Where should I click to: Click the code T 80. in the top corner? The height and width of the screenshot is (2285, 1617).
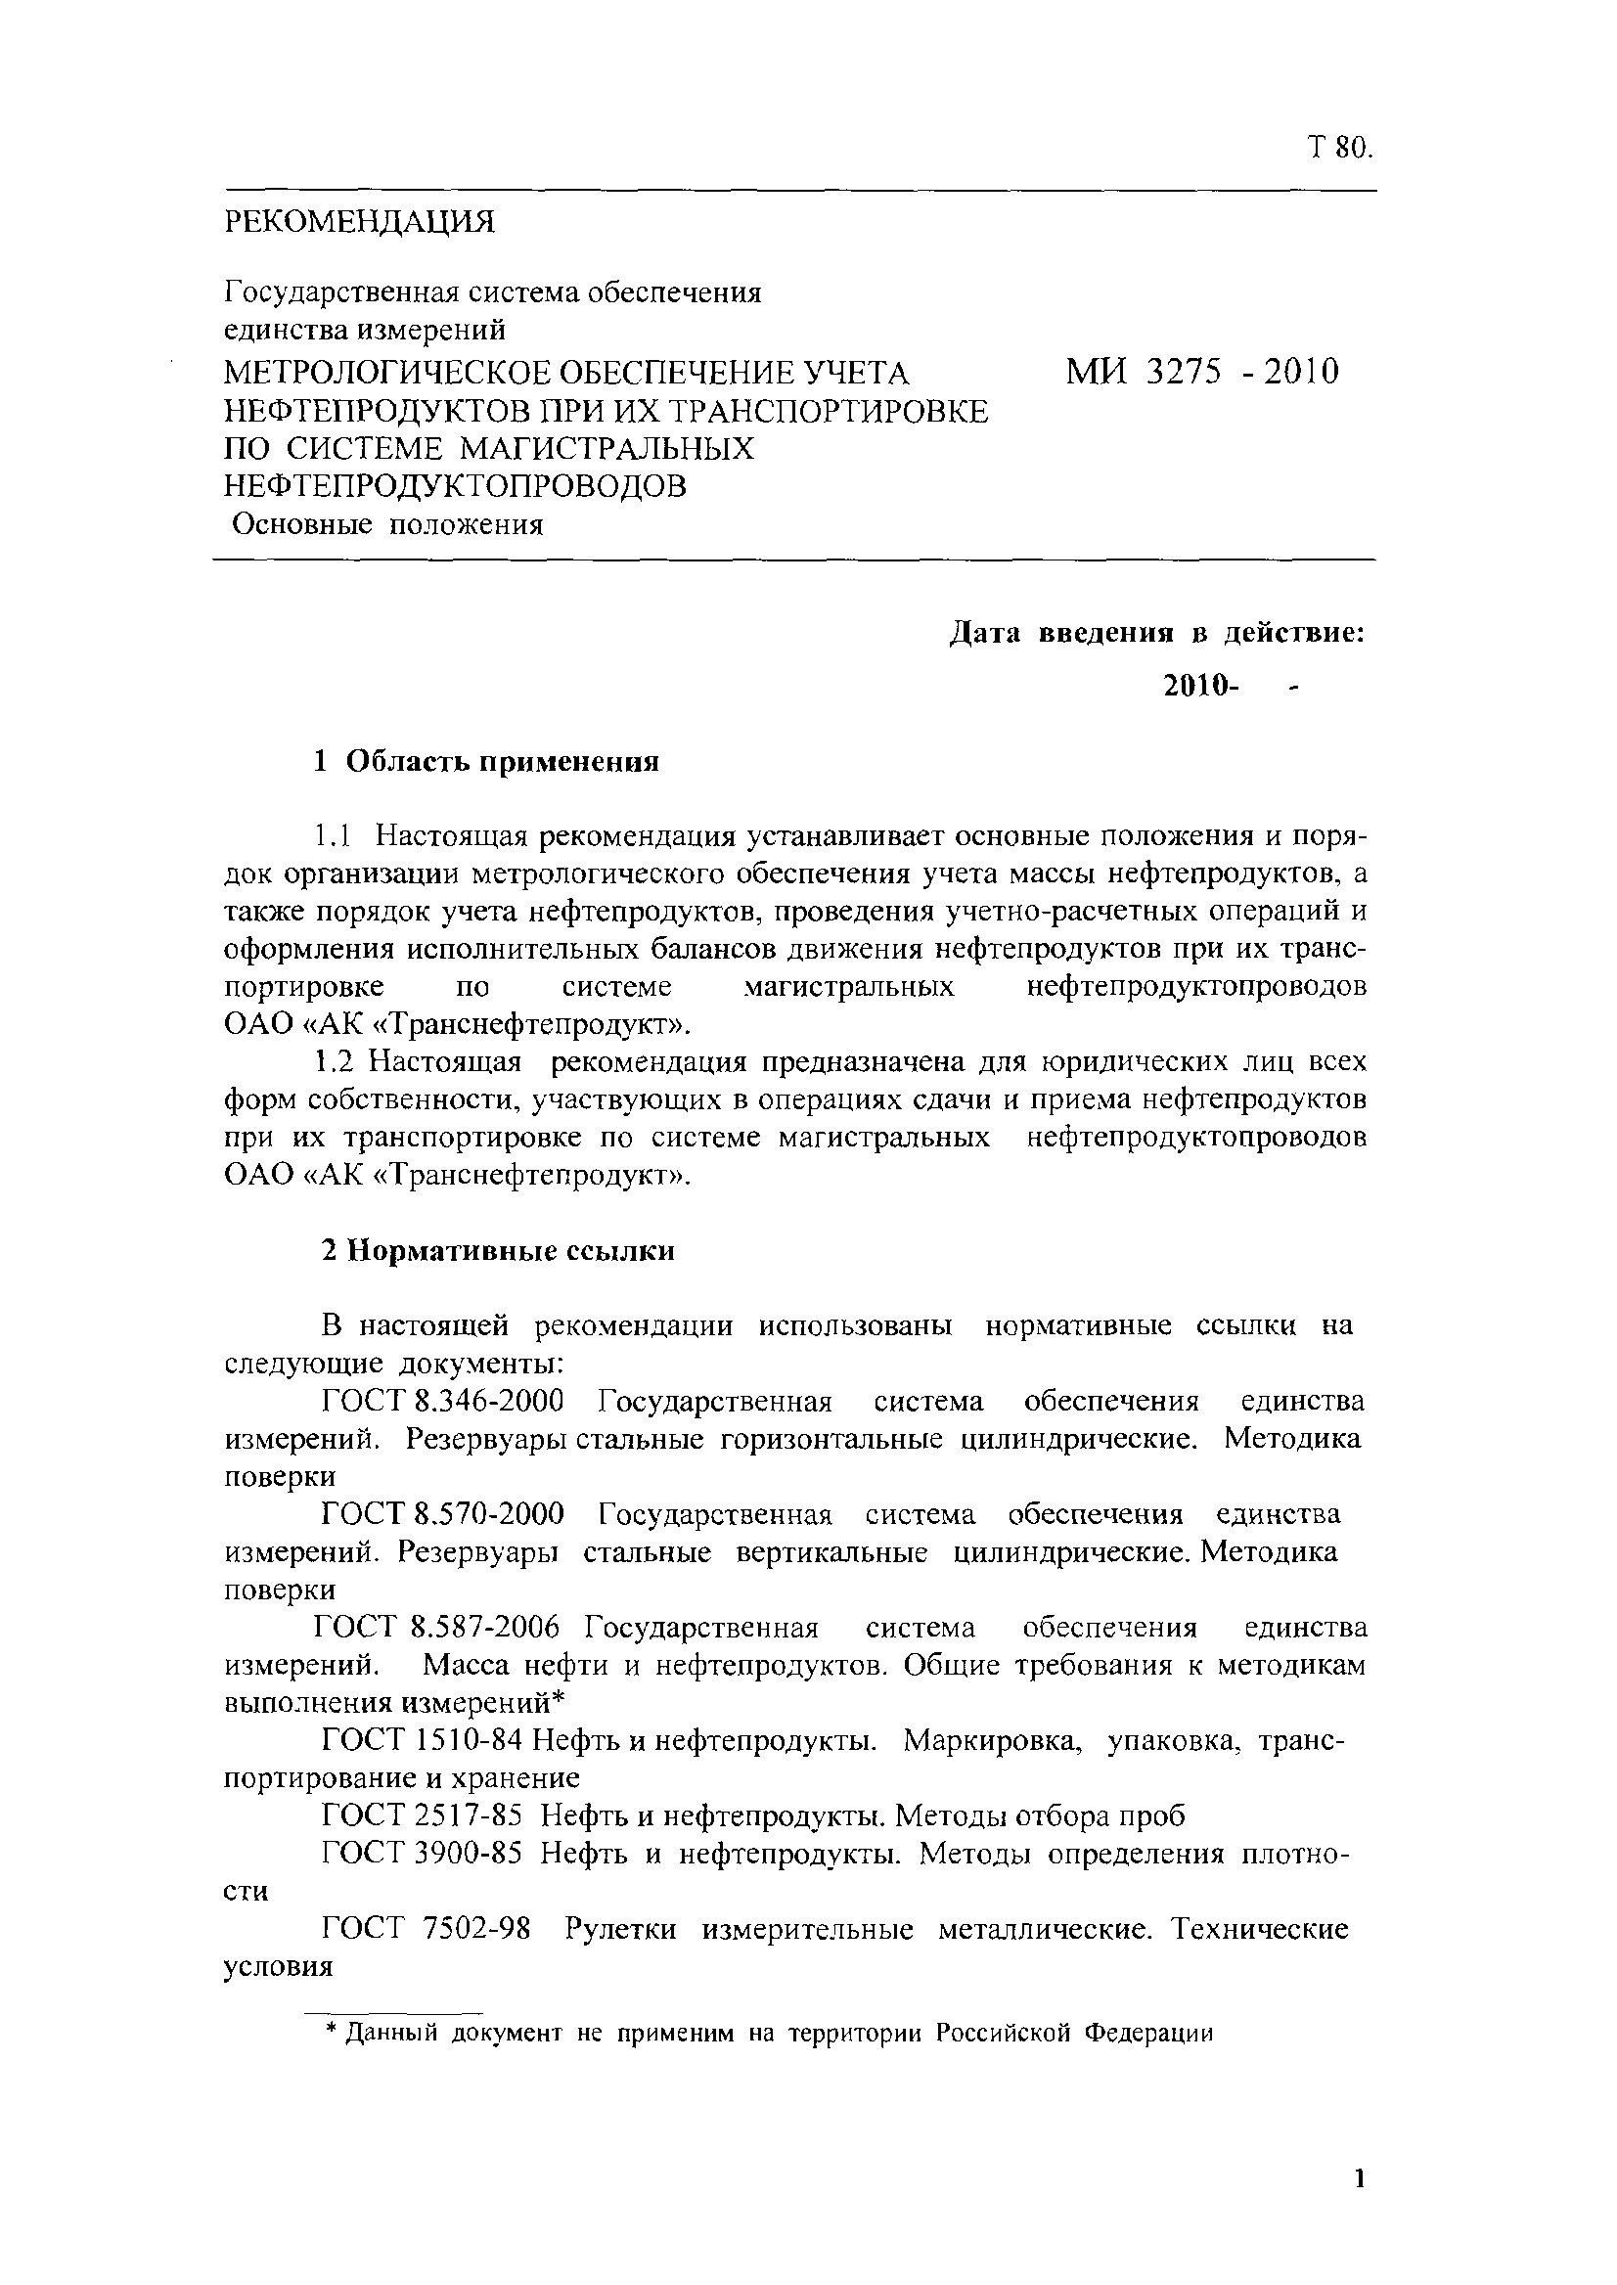1339,149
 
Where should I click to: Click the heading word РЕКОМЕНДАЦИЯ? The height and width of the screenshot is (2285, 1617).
359,222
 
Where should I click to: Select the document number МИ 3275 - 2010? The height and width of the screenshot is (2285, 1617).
1202,374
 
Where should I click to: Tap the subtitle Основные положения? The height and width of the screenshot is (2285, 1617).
387,524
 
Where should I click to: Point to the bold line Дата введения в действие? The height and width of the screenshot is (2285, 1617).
1155,633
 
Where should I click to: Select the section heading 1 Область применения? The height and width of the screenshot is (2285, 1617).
486,763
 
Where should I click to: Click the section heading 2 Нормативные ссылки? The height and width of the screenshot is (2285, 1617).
498,1250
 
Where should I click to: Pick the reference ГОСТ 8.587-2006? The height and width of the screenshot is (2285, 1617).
436,1629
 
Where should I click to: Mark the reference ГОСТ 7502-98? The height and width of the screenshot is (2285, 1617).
427,1930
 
